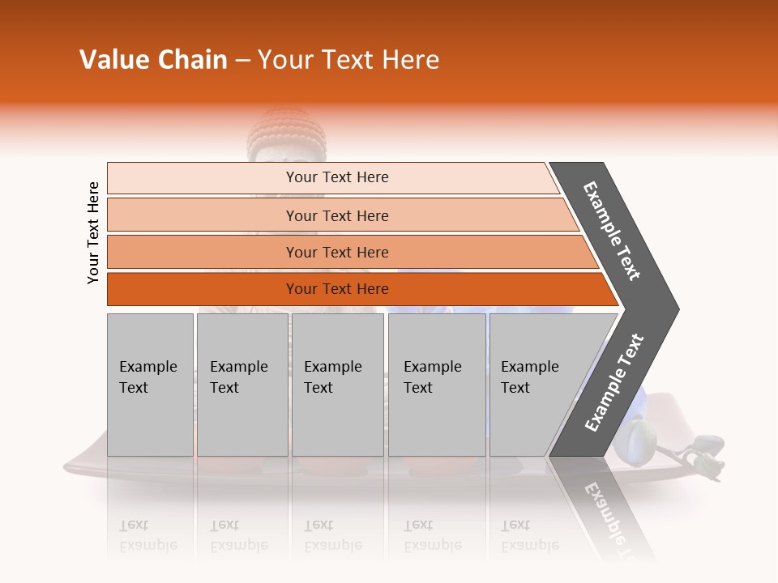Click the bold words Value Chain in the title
(x=153, y=60)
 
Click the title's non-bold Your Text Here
(x=348, y=60)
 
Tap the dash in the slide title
(x=242, y=61)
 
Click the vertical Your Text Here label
(x=93, y=232)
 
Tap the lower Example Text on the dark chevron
(x=613, y=383)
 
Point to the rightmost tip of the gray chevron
(x=678, y=309)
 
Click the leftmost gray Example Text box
(x=150, y=385)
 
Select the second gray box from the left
(x=242, y=385)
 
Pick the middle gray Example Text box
(x=337, y=385)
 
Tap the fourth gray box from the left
(x=436, y=385)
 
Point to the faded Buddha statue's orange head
(x=276, y=131)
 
